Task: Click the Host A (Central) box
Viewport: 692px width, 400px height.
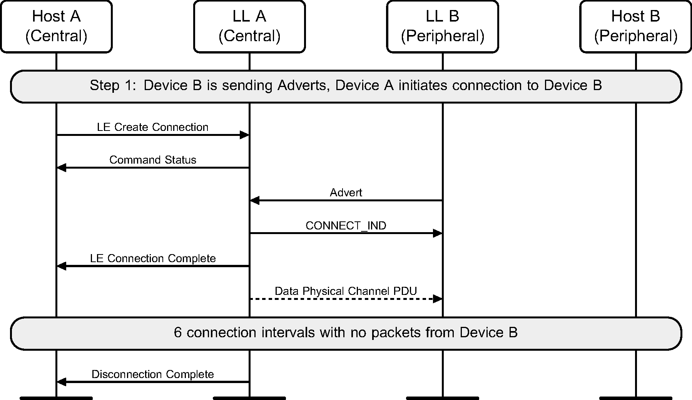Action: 56,26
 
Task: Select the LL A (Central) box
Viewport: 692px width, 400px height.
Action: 249,26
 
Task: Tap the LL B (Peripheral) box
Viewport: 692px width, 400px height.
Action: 443,26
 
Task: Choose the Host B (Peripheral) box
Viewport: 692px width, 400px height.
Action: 635,26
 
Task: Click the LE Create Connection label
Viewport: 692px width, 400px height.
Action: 152,127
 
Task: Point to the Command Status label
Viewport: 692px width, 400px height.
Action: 152,160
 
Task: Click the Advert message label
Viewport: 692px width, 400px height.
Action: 346,192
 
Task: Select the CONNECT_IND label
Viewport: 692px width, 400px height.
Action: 346,226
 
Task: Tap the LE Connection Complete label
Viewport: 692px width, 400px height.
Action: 152,258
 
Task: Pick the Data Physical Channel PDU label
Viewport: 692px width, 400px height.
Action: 346,291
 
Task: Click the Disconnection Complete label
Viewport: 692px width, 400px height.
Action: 152,374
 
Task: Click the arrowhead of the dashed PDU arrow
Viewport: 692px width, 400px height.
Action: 438,299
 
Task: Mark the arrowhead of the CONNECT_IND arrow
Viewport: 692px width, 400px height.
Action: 438,233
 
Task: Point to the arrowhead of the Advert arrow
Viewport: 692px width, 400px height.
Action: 255,201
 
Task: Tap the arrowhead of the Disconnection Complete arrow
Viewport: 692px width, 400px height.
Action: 62,382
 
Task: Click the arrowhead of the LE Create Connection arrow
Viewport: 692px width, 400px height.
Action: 244,135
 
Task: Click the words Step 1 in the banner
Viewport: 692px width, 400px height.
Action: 112,85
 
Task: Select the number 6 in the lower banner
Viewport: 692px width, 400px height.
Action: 177,332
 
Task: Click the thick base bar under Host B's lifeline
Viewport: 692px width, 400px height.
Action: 635,398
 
